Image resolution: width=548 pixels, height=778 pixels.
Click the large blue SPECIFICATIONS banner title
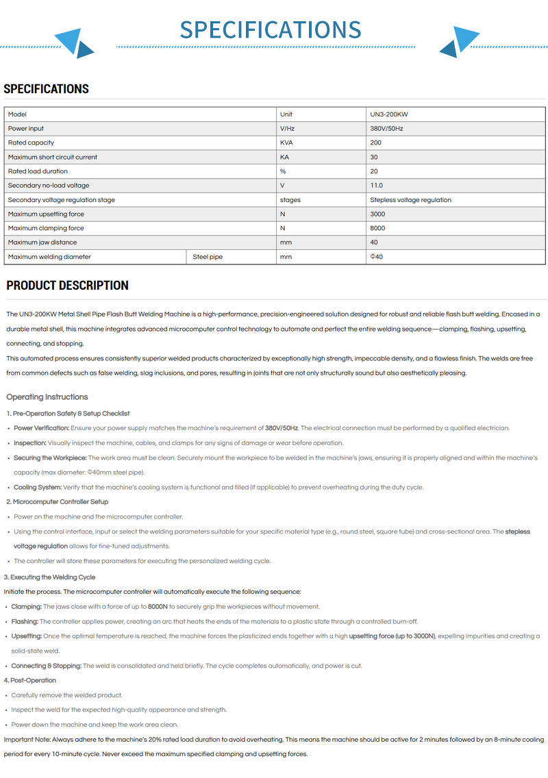point(271,30)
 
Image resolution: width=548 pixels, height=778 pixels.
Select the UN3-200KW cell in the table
point(388,114)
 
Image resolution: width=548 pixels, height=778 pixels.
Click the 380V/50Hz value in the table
point(386,129)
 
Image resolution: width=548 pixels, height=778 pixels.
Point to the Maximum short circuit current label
point(53,157)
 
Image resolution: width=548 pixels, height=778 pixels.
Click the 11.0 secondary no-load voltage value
point(376,186)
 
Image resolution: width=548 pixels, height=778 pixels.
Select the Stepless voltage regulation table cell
point(410,200)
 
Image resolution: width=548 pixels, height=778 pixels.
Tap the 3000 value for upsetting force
point(377,214)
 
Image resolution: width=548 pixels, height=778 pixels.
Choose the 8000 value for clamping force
point(377,228)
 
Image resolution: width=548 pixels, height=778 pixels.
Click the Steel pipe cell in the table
point(208,257)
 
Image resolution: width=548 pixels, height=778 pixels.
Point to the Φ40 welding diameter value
point(376,257)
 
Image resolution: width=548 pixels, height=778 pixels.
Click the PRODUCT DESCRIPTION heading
point(67,286)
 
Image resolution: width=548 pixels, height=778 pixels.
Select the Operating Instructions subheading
point(47,397)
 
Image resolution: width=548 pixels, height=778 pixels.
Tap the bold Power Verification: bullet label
point(41,428)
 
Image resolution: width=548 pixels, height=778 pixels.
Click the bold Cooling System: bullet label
point(38,488)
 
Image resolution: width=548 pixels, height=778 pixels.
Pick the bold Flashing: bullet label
point(25,621)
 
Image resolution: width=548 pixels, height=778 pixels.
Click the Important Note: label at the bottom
point(28,740)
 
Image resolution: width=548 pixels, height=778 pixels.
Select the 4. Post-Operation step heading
point(32,680)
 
